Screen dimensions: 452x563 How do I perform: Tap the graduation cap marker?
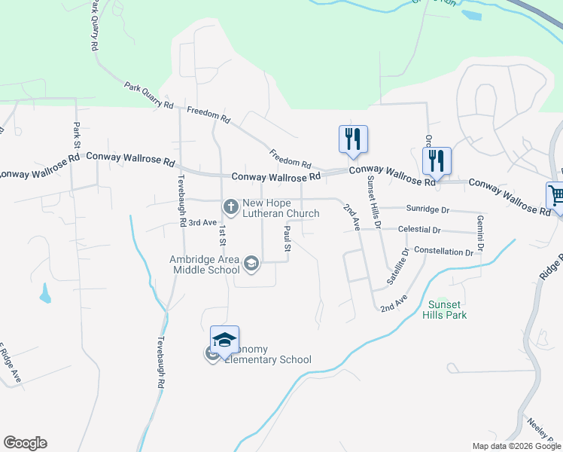coord(224,340)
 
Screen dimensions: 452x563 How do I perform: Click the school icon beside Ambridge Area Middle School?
coord(251,263)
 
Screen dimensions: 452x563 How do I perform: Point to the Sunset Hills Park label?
coord(447,310)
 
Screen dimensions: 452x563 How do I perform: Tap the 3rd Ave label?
coord(202,223)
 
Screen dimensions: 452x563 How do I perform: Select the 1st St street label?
coord(223,238)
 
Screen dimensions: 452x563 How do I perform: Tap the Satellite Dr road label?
coord(397,267)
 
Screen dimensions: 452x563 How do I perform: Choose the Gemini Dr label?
coord(479,233)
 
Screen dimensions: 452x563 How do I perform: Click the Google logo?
coord(25,443)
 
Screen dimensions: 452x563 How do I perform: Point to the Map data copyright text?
coord(516,446)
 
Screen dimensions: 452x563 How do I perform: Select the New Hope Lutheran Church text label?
coord(280,209)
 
